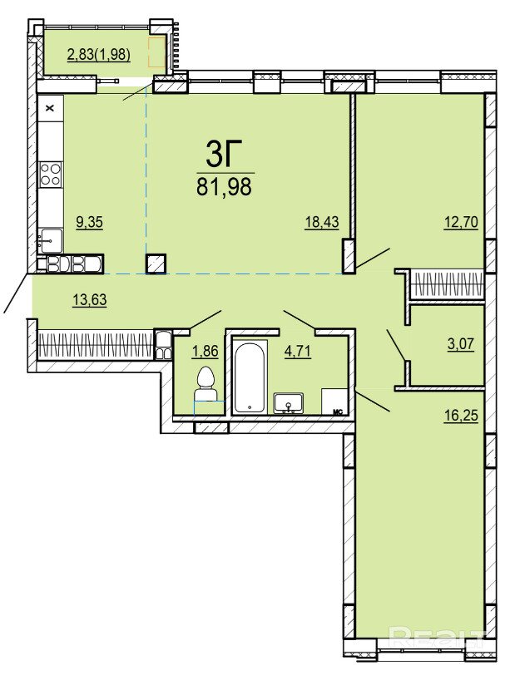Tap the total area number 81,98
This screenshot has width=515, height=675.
[224, 187]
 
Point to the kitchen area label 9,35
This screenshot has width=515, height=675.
[90, 223]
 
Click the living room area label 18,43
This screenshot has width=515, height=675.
[322, 223]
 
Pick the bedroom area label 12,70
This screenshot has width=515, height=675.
[461, 223]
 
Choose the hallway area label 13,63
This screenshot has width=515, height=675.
[90, 299]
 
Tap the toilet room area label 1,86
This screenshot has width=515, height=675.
[206, 352]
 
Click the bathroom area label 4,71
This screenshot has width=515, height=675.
[297, 352]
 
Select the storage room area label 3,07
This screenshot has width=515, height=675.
[461, 344]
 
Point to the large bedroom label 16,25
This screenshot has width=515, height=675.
[461, 416]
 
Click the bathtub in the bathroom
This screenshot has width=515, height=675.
[250, 377]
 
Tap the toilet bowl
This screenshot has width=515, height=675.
[206, 385]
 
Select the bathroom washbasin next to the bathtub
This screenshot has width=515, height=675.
[289, 403]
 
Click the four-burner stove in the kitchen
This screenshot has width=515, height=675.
[51, 175]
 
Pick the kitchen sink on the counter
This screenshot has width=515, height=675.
[51, 240]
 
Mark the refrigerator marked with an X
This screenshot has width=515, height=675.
[51, 107]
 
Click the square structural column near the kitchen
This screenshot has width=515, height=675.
[156, 264]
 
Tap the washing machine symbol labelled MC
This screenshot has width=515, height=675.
[334, 402]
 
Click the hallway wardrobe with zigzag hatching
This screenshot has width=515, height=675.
[95, 344]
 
